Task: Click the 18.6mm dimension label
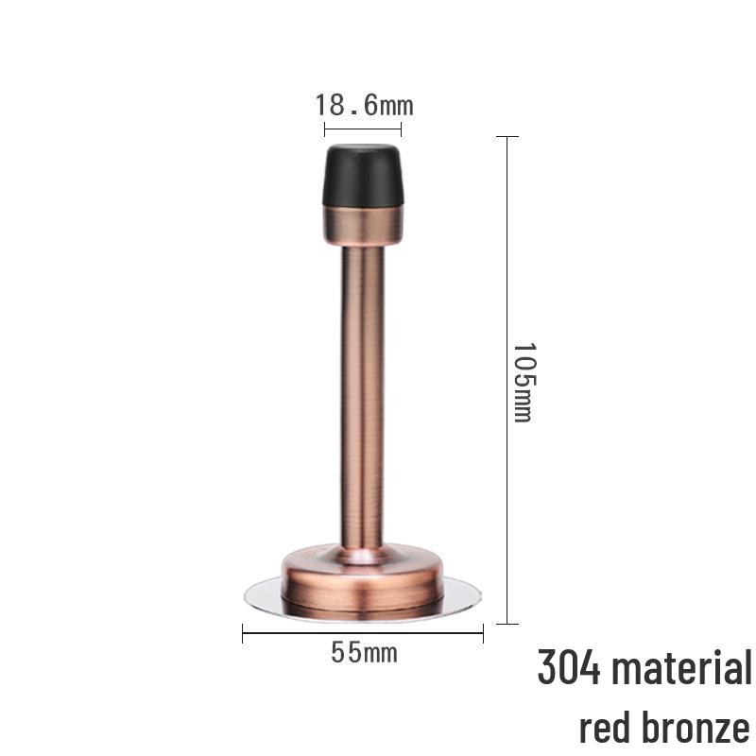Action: coord(364,105)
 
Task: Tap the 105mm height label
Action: coord(523,380)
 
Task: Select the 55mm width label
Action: coord(364,652)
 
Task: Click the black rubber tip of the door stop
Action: coord(364,175)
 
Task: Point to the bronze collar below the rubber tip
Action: coord(364,225)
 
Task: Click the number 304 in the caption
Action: coord(570,668)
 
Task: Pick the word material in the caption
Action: coord(682,668)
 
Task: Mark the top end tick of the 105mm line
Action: coord(507,137)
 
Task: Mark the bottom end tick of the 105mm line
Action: coord(507,624)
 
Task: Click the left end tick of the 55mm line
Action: coord(243,634)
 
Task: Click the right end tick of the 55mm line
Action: coord(483,634)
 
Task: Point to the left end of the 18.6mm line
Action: coord(324,129)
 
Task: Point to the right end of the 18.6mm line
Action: coord(402,129)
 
